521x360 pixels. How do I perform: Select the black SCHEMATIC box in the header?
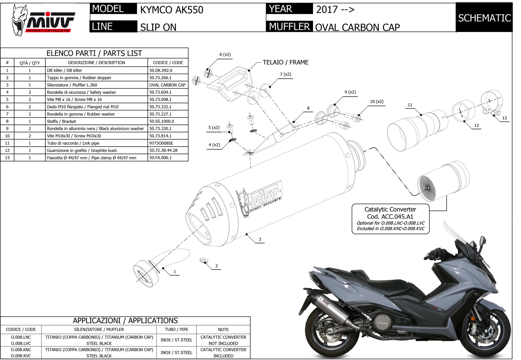point(484,18)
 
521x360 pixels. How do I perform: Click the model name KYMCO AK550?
point(172,10)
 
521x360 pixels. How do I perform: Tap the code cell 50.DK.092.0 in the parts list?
point(161,70)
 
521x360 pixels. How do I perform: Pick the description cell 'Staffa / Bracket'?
point(61,121)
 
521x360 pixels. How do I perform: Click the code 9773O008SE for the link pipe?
point(163,143)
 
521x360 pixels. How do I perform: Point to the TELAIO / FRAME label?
point(285,62)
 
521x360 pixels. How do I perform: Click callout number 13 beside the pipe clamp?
point(504,118)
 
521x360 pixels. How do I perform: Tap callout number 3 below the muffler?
point(260,239)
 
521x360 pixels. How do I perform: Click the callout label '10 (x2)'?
point(376,102)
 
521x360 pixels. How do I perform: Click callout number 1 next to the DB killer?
point(175,272)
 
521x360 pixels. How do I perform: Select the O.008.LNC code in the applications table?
point(21,337)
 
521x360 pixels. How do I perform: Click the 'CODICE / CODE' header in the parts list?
point(168,63)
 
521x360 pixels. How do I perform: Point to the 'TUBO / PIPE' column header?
point(176,329)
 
